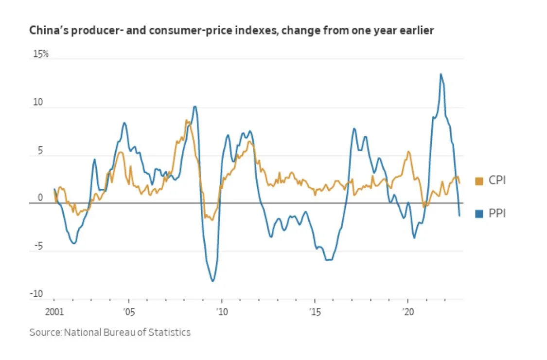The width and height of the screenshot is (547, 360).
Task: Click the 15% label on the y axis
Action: click(x=40, y=54)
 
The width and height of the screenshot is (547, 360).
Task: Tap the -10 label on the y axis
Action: click(x=37, y=294)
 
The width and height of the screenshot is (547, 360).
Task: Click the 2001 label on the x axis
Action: click(x=53, y=311)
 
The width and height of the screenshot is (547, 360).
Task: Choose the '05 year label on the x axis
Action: click(x=128, y=311)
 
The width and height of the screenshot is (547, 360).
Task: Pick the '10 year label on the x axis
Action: click(x=221, y=311)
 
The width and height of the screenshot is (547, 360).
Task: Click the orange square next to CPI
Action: click(x=479, y=181)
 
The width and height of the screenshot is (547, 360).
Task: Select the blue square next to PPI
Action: click(x=479, y=213)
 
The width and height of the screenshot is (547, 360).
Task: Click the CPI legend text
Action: click(x=497, y=181)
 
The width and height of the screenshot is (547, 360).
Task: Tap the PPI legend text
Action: click(x=497, y=213)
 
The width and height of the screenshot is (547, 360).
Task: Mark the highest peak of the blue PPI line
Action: click(x=441, y=74)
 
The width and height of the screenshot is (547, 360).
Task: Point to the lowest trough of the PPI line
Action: click(x=212, y=281)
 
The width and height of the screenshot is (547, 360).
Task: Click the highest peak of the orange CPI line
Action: click(x=186, y=120)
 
